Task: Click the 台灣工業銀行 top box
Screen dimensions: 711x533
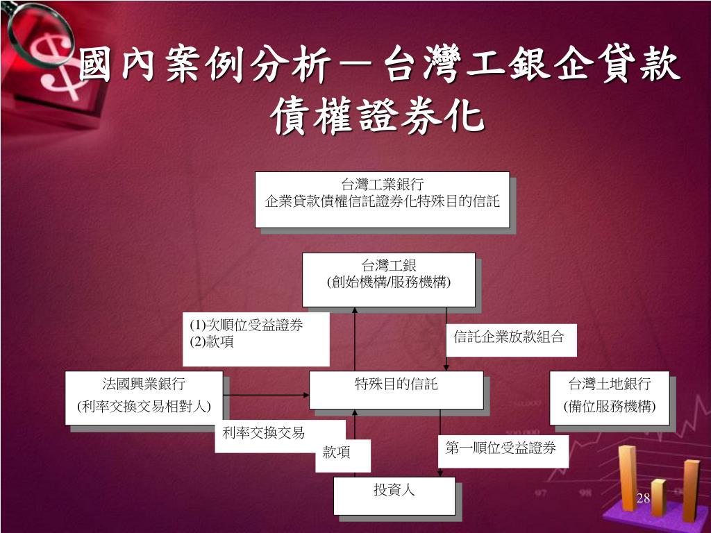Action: click(x=382, y=199)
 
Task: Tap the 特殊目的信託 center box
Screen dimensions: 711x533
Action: click(x=396, y=389)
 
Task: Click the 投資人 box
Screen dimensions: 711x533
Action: click(x=394, y=496)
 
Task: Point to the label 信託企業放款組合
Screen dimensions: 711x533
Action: click(x=509, y=337)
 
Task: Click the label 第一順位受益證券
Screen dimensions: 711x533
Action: click(x=501, y=449)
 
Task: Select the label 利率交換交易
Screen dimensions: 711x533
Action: click(x=263, y=433)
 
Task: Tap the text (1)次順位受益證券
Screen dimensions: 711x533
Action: click(x=247, y=325)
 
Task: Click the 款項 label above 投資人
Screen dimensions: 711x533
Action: click(x=336, y=453)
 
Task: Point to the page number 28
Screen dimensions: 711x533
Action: click(x=642, y=498)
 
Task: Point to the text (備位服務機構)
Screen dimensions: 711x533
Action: click(x=609, y=407)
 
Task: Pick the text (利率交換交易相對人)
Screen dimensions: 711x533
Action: click(x=144, y=407)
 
